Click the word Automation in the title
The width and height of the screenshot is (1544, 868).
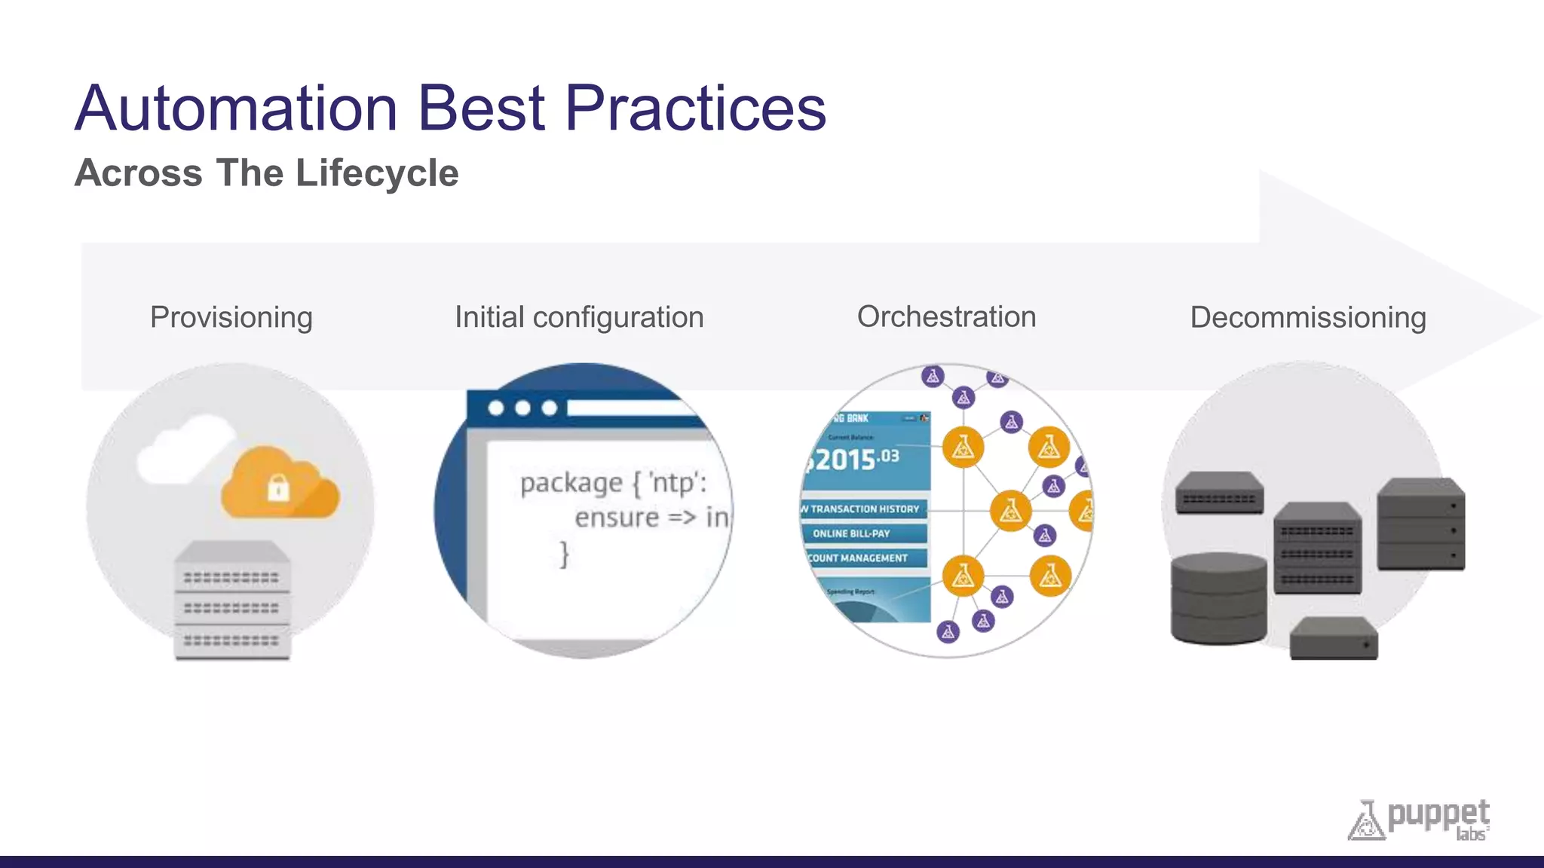(236, 109)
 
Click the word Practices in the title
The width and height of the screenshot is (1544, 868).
(695, 109)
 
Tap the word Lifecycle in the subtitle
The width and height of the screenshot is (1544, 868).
(377, 173)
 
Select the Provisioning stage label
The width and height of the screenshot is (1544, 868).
(231, 317)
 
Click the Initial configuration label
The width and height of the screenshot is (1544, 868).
(579, 317)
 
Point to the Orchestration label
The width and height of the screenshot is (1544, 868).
(946, 316)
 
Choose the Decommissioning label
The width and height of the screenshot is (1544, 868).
(1308, 317)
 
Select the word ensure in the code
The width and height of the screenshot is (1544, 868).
(617, 518)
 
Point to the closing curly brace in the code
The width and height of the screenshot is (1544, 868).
(564, 554)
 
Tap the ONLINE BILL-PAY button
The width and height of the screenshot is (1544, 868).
(852, 533)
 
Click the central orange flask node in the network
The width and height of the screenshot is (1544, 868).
(1010, 511)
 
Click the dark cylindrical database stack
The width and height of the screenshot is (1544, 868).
(1218, 599)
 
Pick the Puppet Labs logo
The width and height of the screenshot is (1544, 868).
(1419, 820)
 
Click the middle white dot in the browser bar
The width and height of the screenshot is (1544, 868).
(522, 408)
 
